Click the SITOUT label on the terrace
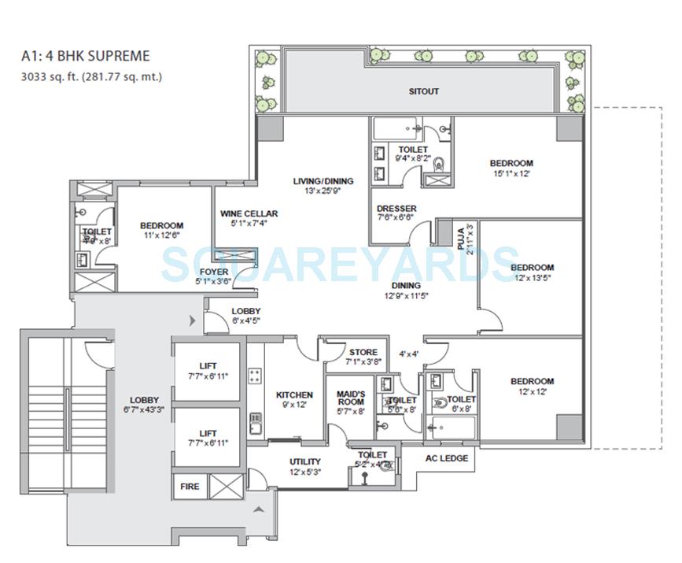[423, 91]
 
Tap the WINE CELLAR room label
[248, 213]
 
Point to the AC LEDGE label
[446, 458]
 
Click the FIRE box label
[189, 487]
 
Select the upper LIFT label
[208, 365]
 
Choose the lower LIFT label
[208, 433]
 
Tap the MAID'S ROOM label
[350, 398]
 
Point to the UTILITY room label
[304, 461]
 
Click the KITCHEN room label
[294, 394]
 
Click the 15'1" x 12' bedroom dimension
[511, 174]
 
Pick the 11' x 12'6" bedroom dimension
[161, 235]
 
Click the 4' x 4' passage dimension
[407, 354]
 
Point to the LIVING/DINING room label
[323, 181]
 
